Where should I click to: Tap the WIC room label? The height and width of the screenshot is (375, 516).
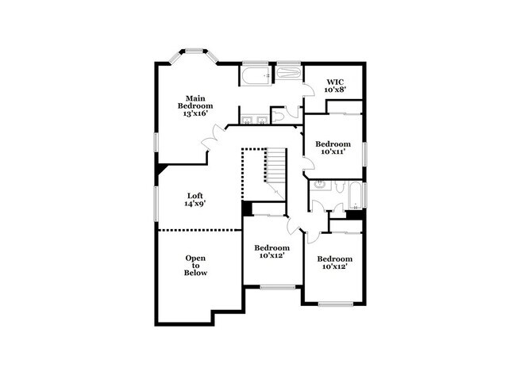point(333,81)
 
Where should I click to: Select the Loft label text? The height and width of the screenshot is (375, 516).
point(195,195)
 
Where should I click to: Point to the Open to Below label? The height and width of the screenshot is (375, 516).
point(195,265)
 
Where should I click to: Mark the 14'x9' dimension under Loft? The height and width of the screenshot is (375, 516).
point(195,204)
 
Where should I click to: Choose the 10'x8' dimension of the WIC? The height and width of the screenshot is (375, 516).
point(333,90)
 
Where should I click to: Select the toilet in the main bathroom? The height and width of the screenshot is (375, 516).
point(279,117)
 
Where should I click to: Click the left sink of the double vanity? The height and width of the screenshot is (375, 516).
point(246,121)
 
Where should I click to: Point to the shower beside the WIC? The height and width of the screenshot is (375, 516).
point(288,75)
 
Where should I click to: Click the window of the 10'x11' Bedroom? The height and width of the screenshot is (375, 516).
point(364,153)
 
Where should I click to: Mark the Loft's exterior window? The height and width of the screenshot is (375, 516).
point(156,206)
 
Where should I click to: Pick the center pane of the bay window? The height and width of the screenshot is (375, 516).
point(194,52)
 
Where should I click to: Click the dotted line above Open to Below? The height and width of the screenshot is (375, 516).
point(198,230)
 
